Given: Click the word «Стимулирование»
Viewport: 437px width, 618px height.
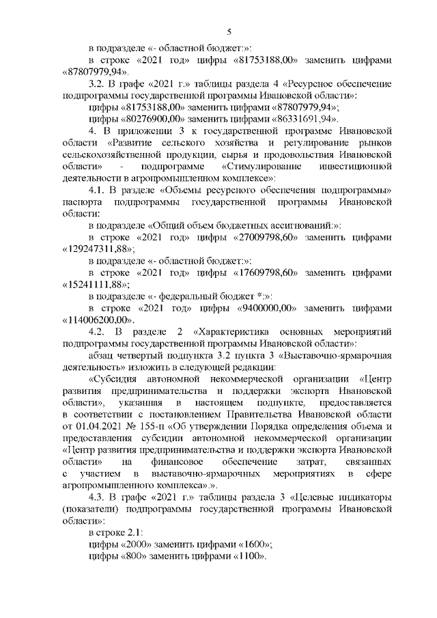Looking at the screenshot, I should pyautogui.click(x=263, y=166).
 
